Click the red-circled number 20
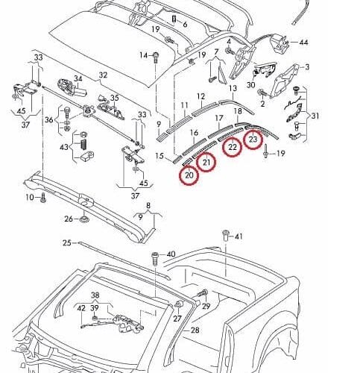189,175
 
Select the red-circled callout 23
253,139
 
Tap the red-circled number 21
206,163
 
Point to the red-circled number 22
233,147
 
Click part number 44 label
303,43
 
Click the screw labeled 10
43,198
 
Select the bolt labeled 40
155,259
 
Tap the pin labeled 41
226,236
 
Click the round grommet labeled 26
84,219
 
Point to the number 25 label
67,242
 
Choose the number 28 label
195,330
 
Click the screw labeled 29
203,294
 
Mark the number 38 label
95,295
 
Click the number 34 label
78,78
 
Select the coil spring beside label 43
84,144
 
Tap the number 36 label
49,120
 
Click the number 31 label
315,116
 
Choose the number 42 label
81,308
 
